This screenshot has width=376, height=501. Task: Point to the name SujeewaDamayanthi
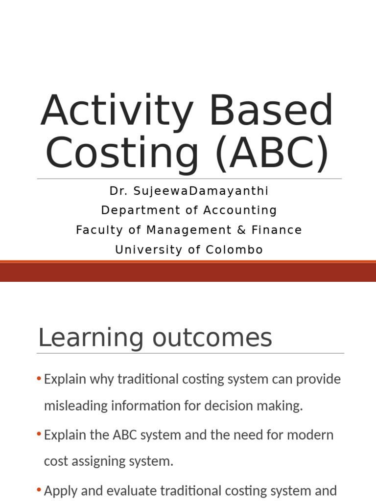click(202, 191)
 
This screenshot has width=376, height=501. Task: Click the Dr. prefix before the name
click(117, 191)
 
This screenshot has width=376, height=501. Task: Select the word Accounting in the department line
click(239, 210)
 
